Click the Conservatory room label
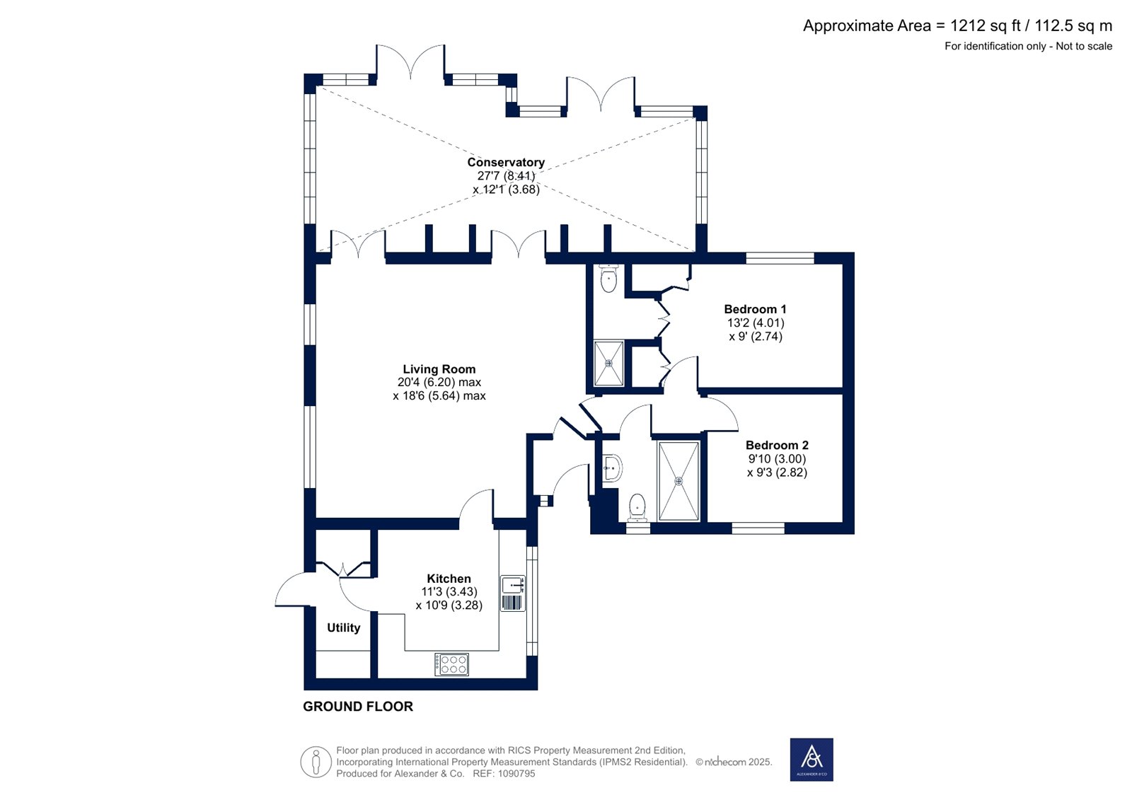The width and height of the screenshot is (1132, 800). point(506,162)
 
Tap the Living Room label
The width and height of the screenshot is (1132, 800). point(439,369)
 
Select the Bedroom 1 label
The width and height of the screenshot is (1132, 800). point(755,309)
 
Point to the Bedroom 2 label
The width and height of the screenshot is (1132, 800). point(778,445)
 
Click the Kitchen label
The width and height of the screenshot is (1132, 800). point(449,579)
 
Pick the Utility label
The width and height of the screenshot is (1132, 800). point(344,627)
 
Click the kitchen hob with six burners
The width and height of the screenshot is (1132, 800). point(452,664)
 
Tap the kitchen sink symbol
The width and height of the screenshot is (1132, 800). point(513,593)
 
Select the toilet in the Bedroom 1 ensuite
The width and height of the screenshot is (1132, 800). point(608,279)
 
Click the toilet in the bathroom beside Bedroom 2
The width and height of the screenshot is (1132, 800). point(637,507)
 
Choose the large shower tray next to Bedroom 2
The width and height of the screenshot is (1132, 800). point(678,480)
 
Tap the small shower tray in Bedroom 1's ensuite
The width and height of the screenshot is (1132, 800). point(608,364)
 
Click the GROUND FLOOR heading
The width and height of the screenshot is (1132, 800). point(358,707)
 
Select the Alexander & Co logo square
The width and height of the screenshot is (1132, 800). point(812,760)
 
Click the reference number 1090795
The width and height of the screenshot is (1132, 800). point(516,773)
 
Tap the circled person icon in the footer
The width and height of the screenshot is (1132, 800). point(316,762)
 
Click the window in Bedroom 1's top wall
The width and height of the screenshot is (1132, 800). point(780,257)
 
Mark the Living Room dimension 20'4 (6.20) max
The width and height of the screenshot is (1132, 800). point(439,383)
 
